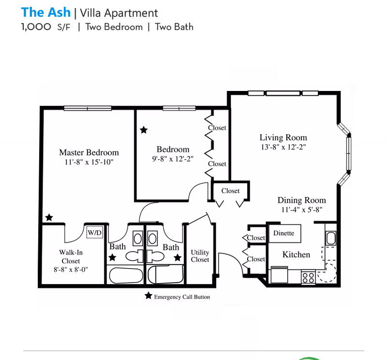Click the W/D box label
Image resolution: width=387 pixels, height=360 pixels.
pyautogui.click(x=94, y=233)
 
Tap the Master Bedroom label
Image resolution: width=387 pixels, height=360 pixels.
pyautogui.click(x=89, y=152)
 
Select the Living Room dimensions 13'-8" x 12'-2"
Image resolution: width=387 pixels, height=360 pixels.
pyautogui.click(x=283, y=147)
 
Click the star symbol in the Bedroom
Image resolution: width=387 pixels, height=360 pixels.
pyautogui.click(x=144, y=130)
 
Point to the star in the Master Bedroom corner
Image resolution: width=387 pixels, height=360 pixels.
pyautogui.click(x=49, y=218)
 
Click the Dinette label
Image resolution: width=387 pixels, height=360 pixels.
pyautogui.click(x=283, y=233)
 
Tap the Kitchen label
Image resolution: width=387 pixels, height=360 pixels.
pyautogui.click(x=296, y=254)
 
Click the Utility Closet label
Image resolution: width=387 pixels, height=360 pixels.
pyautogui.click(x=200, y=256)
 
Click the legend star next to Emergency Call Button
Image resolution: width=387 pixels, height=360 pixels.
pyautogui.click(x=148, y=296)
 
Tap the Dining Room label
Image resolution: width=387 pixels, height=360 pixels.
pyautogui.click(x=301, y=200)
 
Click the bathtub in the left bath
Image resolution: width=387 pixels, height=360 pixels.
pyautogui.click(x=125, y=276)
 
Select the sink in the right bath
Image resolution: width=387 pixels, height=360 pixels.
pyautogui.click(x=152, y=239)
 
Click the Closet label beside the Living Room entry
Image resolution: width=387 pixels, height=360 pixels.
pyautogui.click(x=230, y=191)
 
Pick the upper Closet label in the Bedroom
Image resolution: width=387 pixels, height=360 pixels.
pyautogui.click(x=217, y=128)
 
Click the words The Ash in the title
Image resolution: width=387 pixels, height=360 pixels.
pyautogui.click(x=45, y=12)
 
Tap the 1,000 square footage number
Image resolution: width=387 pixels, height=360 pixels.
pyautogui.click(x=36, y=27)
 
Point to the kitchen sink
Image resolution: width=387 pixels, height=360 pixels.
pyautogui.click(x=331, y=238)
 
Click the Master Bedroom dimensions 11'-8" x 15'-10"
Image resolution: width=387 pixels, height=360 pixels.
pyautogui.click(x=89, y=162)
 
